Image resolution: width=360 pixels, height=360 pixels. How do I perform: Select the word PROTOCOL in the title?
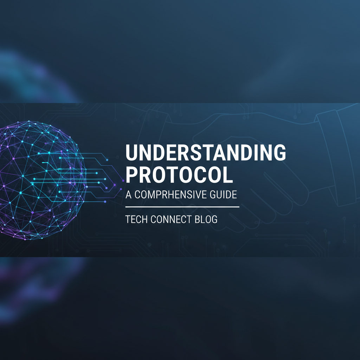coord(179,175)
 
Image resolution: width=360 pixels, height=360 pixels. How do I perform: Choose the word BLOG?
coord(206,220)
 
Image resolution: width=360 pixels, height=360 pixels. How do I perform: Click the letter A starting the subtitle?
coord(128,194)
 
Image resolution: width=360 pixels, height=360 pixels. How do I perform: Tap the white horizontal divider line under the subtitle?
coord(182,207)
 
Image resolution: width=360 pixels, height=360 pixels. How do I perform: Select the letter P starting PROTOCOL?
coord(132,175)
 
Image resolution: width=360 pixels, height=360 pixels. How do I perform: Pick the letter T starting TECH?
coord(128,220)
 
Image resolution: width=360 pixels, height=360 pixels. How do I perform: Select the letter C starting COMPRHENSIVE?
coord(138,194)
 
